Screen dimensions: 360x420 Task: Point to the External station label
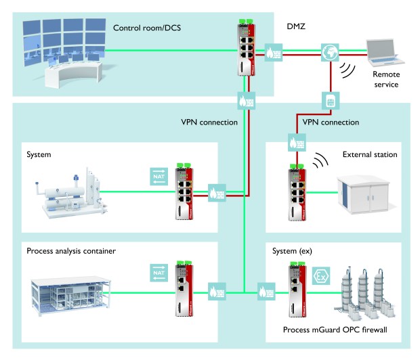click(371, 155)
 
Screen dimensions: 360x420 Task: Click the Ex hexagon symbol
click(319, 275)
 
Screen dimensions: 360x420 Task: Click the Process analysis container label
click(71, 251)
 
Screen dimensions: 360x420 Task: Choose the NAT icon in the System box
click(156, 176)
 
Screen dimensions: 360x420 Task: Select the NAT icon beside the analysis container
click(156, 273)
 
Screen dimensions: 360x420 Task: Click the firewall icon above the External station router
click(297, 143)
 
